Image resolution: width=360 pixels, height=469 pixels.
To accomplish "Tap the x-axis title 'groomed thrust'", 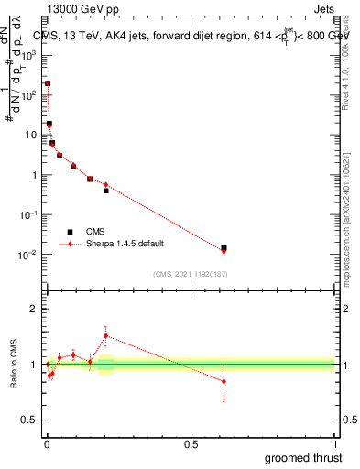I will [x=304, y=457].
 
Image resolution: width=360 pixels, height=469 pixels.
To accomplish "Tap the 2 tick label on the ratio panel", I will [x=34, y=310].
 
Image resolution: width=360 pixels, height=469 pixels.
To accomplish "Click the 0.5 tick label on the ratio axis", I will [x=30, y=420].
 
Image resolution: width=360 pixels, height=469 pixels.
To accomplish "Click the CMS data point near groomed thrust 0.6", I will [x=224, y=248].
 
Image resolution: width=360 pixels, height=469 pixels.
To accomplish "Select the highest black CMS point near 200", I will [x=48, y=83].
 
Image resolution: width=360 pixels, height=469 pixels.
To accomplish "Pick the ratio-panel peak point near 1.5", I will [x=105, y=335].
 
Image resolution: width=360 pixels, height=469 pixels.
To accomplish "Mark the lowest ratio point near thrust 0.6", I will [x=224, y=381].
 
